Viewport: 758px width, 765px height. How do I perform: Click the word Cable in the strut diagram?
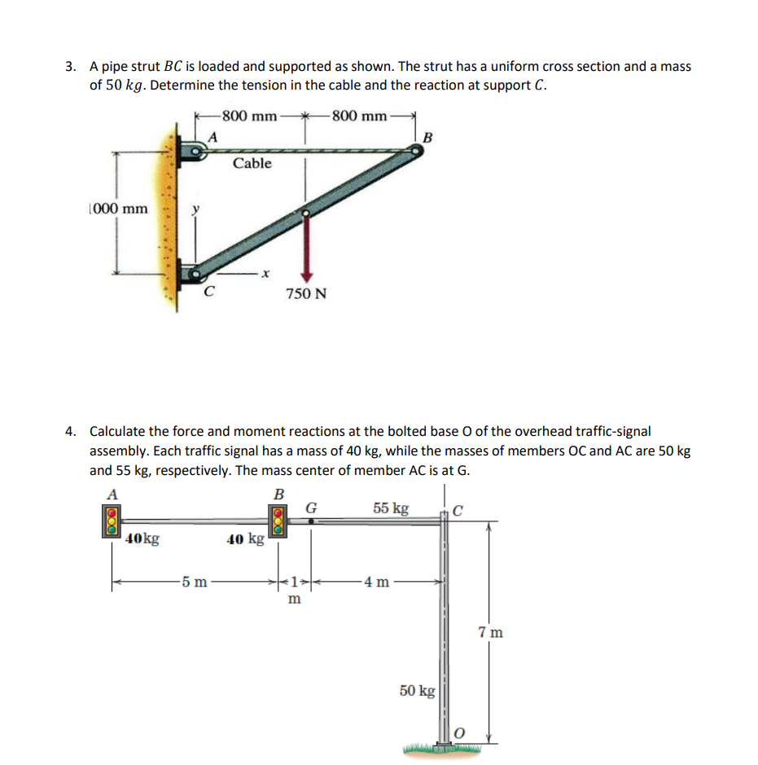[252, 164]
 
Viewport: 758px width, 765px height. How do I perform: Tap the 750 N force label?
[306, 293]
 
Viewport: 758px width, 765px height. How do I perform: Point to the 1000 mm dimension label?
[118, 209]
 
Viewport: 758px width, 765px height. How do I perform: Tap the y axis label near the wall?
[194, 209]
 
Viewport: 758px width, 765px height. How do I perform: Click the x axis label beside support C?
[266, 274]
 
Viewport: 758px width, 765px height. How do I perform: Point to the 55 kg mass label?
[391, 508]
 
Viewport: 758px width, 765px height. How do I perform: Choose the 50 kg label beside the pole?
[418, 691]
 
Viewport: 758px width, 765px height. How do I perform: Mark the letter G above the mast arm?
[310, 508]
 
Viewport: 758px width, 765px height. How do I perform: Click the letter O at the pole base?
[458, 734]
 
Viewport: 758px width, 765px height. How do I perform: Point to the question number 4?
[72, 431]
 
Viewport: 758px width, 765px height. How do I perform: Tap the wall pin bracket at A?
[196, 152]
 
